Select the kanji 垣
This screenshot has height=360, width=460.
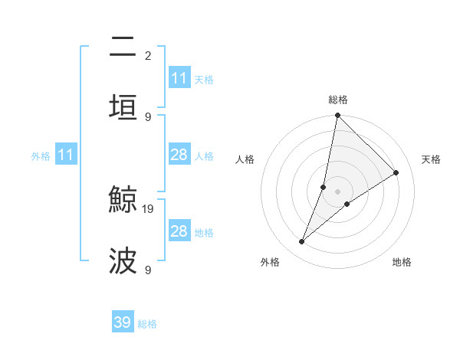click(123, 107)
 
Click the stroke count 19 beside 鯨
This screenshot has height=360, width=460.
click(149, 208)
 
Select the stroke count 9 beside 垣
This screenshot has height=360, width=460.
click(147, 116)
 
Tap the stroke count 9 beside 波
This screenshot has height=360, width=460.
click(147, 270)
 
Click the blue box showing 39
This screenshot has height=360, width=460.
click(123, 323)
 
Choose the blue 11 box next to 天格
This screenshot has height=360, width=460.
click(179, 78)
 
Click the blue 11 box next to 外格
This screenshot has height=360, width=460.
click(67, 155)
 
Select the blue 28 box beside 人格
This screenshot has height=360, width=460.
click(179, 155)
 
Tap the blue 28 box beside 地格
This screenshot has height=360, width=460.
click(179, 231)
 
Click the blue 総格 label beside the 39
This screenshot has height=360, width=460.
click(148, 324)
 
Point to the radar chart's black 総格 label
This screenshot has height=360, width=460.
click(338, 100)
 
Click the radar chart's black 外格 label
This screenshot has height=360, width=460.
click(270, 263)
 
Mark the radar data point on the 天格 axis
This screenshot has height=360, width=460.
click(396, 173)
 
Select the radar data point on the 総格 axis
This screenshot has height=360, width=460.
click(337, 116)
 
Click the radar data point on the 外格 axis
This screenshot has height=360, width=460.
click(302, 242)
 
